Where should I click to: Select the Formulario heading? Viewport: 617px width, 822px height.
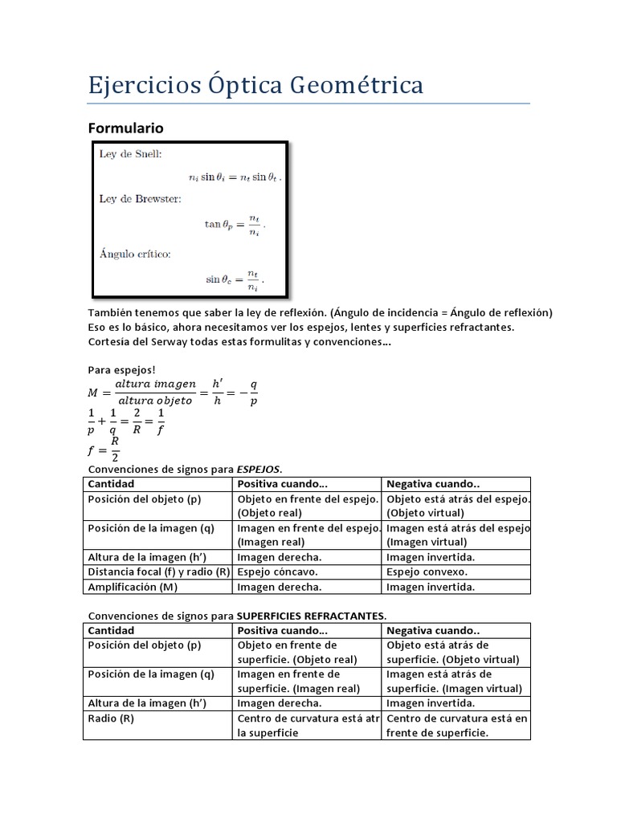pyautogui.click(x=125, y=128)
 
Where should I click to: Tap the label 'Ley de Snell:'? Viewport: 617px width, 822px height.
pyautogui.click(x=130, y=153)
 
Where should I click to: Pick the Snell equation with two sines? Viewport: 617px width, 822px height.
pyautogui.click(x=229, y=176)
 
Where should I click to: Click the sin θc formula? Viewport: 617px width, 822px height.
pyautogui.click(x=234, y=280)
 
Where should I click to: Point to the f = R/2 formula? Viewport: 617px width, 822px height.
pyautogui.click(x=105, y=449)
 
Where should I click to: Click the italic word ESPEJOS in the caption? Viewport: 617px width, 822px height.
pyautogui.click(x=258, y=468)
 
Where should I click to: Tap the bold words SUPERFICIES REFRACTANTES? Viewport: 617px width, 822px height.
pyautogui.click(x=311, y=616)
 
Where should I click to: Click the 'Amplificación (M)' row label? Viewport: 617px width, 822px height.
pyautogui.click(x=133, y=586)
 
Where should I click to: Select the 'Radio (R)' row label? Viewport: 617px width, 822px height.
pyautogui.click(x=111, y=718)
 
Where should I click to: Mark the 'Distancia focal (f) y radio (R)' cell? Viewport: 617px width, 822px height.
pyautogui.click(x=158, y=572)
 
